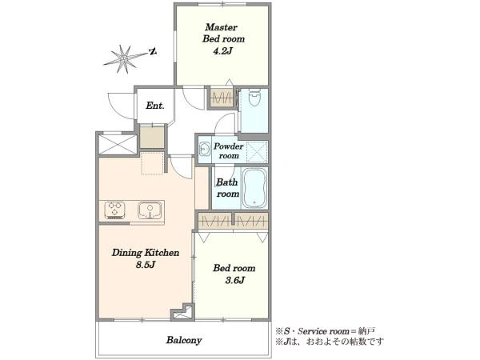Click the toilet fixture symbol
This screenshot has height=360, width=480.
pos(254,97)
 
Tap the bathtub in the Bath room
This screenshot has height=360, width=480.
pos(254,188)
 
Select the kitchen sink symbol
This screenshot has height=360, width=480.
pos(150,210)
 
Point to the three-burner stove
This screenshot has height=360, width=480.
pos(114,210)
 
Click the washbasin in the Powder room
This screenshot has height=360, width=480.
pos(204,150)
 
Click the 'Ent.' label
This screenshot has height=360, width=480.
pos(155,106)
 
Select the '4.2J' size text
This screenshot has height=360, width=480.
pos(223,51)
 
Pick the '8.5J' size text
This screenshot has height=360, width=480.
pos(146,265)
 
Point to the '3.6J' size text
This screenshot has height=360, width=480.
pos(234,280)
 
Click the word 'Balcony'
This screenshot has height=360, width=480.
pos(184,340)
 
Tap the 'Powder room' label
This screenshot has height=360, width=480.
pos(228,151)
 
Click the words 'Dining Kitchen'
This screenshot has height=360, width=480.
pos(146,253)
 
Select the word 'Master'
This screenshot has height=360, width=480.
pos(221,27)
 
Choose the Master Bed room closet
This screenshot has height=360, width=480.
pos(222,98)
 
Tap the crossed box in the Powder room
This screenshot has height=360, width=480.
pos(257,152)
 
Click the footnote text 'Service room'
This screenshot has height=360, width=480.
pos(323,331)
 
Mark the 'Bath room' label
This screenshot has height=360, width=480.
pos(227,188)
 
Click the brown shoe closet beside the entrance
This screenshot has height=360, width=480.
pos(152,137)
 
